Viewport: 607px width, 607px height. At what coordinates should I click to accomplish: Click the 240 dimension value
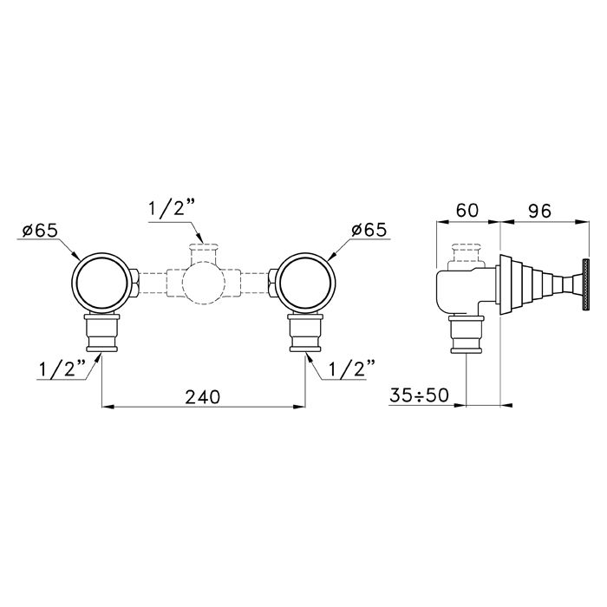pyautogui.click(x=202, y=397)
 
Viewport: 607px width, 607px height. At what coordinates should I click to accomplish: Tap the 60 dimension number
pyautogui.click(x=467, y=210)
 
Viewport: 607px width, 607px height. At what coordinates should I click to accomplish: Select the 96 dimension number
pyautogui.click(x=539, y=211)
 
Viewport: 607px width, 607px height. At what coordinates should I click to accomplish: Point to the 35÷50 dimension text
pyautogui.click(x=419, y=395)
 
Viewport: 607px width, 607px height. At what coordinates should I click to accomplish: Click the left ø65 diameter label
pyautogui.click(x=40, y=231)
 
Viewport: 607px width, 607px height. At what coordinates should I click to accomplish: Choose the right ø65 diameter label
pyautogui.click(x=369, y=230)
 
